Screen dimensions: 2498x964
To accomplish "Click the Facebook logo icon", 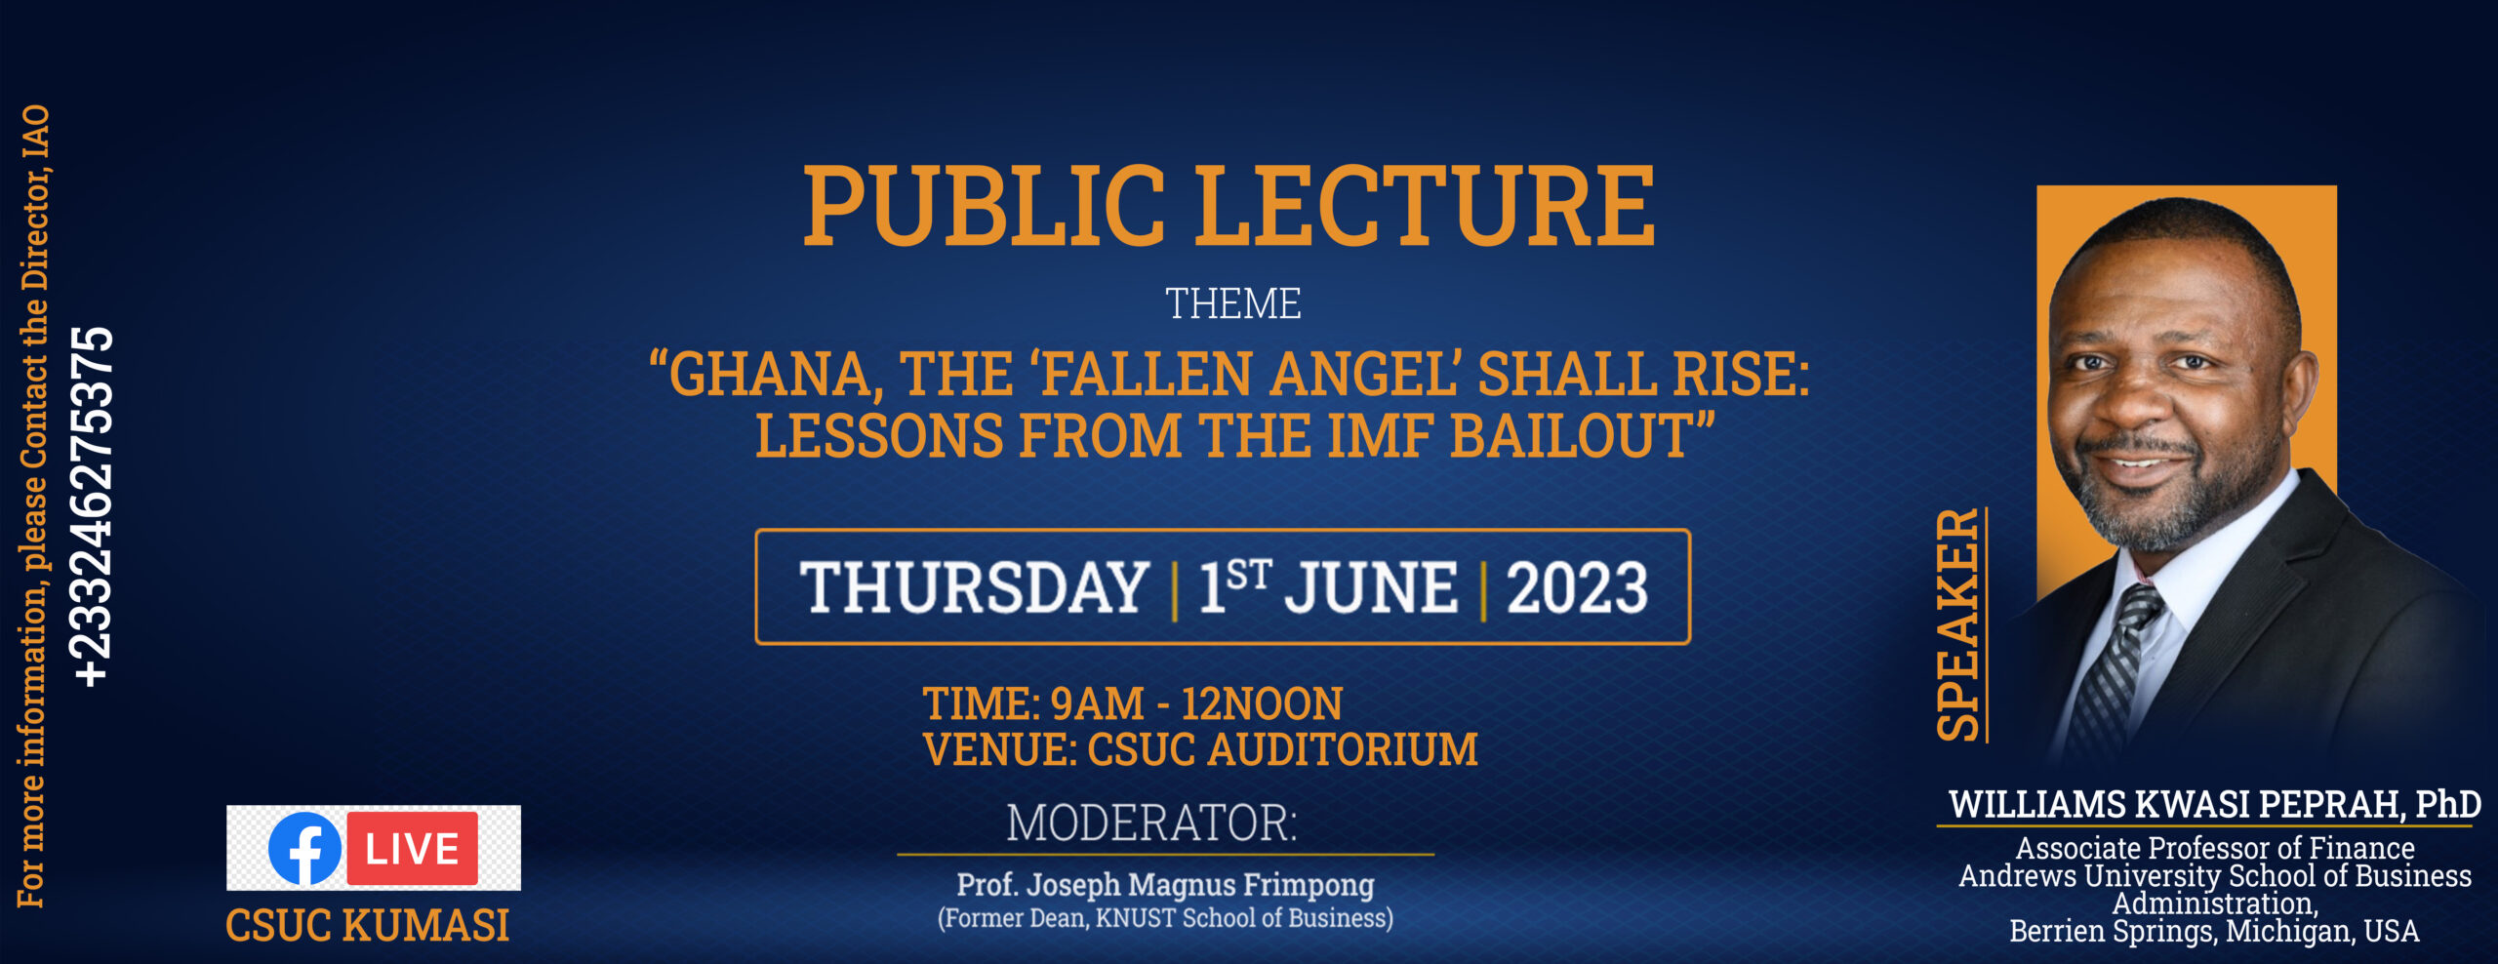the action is click(305, 848).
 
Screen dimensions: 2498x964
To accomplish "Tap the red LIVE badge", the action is click(413, 848).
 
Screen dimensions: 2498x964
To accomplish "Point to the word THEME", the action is click(1232, 303).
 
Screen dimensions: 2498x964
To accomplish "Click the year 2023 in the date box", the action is click(1577, 587).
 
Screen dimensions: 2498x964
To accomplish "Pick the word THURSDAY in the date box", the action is click(974, 587).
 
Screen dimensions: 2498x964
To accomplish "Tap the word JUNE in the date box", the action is click(1371, 587).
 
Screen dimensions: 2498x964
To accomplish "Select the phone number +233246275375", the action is click(93, 506).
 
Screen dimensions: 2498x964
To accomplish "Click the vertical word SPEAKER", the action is click(1957, 624).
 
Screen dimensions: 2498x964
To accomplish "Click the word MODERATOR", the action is click(1151, 823).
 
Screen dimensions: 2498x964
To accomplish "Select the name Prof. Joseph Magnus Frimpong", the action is click(1165, 884).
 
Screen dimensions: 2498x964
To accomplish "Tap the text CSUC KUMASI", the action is click(368, 925).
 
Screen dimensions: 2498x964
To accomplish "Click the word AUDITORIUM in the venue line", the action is click(1343, 749).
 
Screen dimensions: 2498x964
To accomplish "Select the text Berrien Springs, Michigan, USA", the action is click(2214, 931).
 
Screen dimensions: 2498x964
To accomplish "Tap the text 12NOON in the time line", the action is click(1262, 703).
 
